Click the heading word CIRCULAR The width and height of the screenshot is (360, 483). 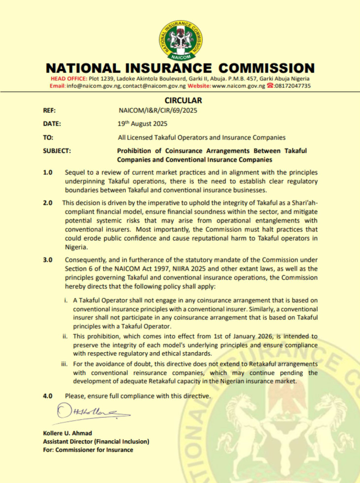[x=183, y=101]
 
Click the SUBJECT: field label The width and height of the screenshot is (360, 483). [x=57, y=151]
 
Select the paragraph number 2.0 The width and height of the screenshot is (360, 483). [x=48, y=203]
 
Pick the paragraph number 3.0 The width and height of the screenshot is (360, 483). [x=48, y=260]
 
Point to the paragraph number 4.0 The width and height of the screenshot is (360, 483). [x=48, y=396]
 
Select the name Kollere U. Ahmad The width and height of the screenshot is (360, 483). [x=67, y=433]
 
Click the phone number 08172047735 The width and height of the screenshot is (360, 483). [x=292, y=86]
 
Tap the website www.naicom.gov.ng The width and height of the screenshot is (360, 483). [x=238, y=86]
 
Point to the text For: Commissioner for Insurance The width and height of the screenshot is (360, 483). [x=88, y=449]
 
